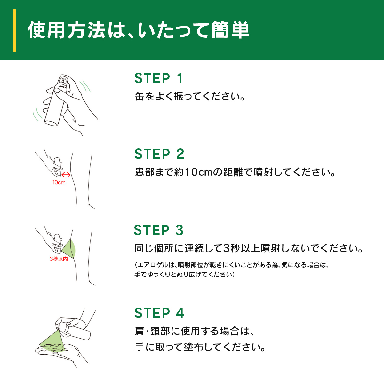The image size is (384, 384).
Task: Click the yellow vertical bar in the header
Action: point(14,30)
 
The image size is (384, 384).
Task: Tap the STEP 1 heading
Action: point(159,78)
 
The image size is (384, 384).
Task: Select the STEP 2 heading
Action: point(159,154)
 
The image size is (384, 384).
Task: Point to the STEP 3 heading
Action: point(159,230)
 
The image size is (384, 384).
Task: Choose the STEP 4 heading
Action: point(159,313)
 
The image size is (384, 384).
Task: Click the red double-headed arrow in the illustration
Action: point(66,175)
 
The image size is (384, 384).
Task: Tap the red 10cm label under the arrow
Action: point(59,182)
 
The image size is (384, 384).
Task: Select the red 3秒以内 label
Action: point(59,259)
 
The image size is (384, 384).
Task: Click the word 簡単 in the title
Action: point(230,30)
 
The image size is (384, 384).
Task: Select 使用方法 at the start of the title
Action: point(67,30)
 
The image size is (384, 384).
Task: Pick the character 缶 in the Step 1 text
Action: point(140,96)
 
